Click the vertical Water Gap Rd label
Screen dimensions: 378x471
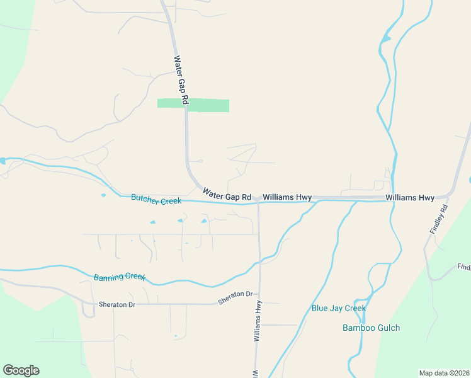click(x=181, y=80)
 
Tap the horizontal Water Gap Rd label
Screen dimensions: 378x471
click(x=227, y=193)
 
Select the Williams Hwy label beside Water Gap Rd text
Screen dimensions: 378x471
click(x=287, y=198)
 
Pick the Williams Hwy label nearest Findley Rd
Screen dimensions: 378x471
click(x=410, y=198)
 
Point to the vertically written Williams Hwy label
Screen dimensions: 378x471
click(x=258, y=321)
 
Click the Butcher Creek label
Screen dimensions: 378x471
click(x=156, y=200)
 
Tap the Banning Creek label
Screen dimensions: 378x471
click(x=120, y=277)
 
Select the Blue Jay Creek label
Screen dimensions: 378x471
click(x=339, y=308)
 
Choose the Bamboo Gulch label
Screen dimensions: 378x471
click(x=371, y=328)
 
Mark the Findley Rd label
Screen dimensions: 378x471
click(x=439, y=220)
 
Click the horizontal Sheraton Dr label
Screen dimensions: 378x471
click(x=117, y=304)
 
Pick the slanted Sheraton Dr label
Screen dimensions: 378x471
click(x=235, y=298)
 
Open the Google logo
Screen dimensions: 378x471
click(x=21, y=370)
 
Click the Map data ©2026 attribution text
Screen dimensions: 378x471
click(x=444, y=373)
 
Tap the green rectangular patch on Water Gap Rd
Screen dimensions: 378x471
click(x=193, y=105)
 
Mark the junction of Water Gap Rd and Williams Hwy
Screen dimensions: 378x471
click(x=258, y=200)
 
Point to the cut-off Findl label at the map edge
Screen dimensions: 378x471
click(x=464, y=267)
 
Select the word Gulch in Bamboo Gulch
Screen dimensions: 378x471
click(x=388, y=328)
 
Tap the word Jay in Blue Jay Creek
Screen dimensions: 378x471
click(x=337, y=308)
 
